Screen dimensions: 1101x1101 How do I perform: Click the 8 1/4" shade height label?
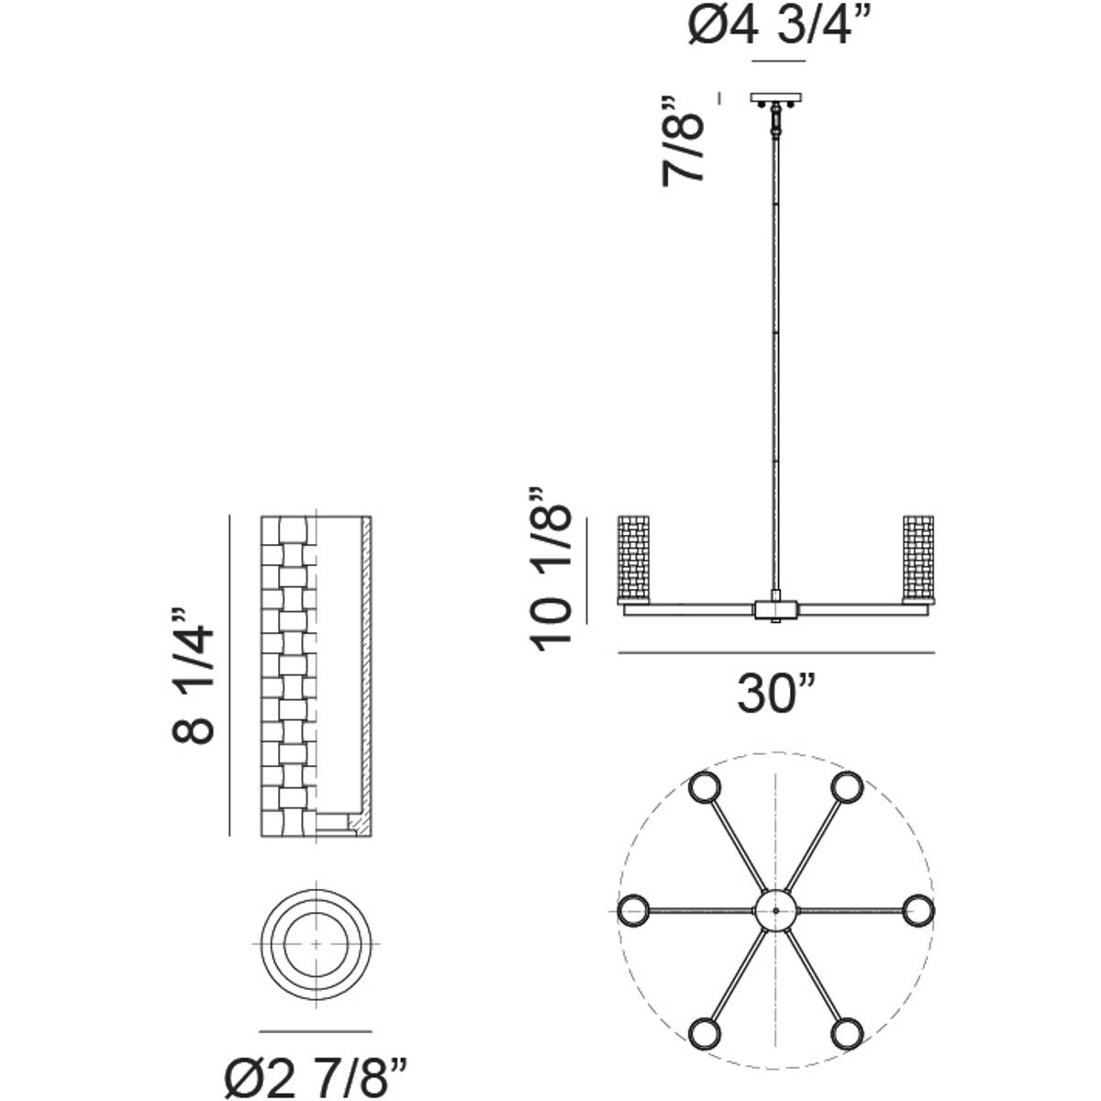click(194, 673)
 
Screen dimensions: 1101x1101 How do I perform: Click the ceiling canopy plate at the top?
click(776, 97)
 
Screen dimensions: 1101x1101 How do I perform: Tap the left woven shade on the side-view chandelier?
click(634, 559)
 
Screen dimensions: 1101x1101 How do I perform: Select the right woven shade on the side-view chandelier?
click(918, 559)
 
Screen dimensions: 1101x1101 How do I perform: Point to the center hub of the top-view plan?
click(776, 911)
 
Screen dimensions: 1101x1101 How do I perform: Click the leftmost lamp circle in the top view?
click(633, 911)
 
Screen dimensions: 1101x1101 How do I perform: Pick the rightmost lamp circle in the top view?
click(918, 911)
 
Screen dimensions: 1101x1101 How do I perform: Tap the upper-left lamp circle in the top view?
click(705, 788)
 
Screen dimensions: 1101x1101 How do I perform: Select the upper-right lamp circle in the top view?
click(847, 788)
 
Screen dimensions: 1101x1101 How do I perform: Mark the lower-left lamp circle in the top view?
click(705, 1034)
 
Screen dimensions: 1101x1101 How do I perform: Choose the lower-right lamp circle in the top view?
click(847, 1034)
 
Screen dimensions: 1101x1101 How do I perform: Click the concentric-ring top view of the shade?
click(317, 944)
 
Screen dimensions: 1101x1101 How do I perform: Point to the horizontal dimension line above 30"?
click(776, 652)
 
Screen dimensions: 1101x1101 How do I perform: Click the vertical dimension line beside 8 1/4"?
click(228, 675)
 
